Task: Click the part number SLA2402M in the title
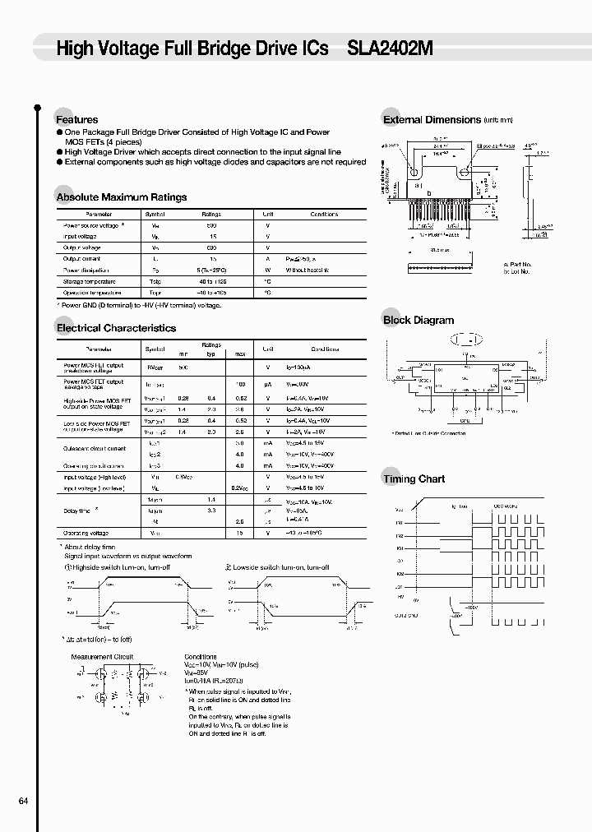(x=391, y=49)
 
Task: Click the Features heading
(x=76, y=119)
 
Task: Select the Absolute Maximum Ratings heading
(x=121, y=197)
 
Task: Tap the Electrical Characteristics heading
(x=116, y=328)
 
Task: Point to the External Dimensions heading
(x=432, y=120)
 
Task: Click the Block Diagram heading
(x=419, y=321)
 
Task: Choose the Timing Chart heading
(x=414, y=478)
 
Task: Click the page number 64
(x=23, y=802)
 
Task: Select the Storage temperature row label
(x=91, y=281)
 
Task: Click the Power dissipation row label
(x=87, y=270)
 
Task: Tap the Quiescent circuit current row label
(x=95, y=449)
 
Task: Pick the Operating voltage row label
(x=86, y=534)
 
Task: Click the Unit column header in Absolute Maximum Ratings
(x=267, y=214)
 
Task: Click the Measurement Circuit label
(x=102, y=657)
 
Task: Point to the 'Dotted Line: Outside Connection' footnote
(x=429, y=433)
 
